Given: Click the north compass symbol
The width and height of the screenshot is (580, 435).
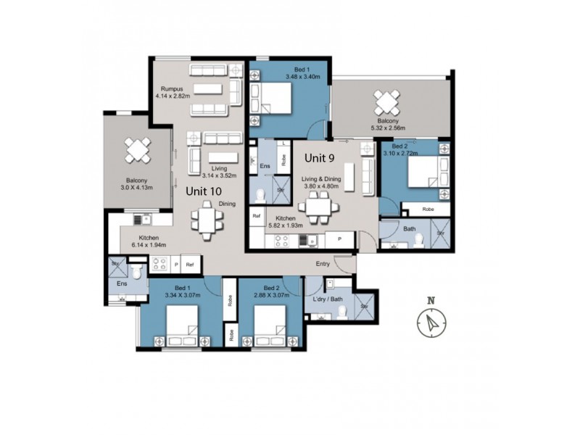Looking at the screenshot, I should (x=432, y=319).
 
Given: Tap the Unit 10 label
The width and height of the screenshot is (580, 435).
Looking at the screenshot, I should (x=204, y=191).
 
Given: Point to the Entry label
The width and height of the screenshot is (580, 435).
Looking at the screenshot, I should (x=323, y=264).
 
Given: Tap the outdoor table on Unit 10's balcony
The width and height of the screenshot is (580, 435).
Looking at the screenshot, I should (x=137, y=150).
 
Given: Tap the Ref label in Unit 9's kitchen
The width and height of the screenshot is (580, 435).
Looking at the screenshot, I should (x=257, y=216).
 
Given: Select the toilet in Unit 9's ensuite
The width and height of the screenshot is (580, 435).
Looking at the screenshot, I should (x=260, y=195).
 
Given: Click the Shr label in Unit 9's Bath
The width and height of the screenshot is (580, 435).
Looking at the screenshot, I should (x=440, y=233).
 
